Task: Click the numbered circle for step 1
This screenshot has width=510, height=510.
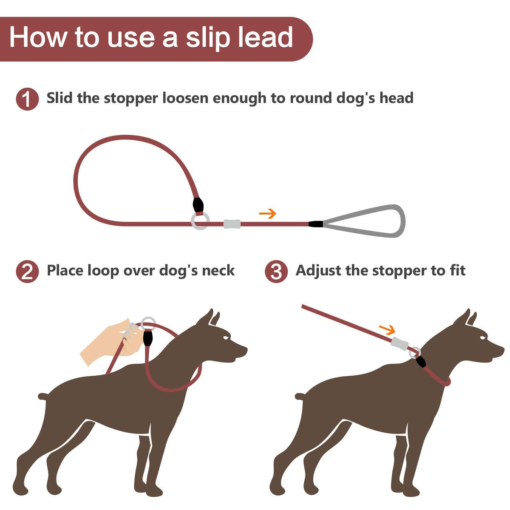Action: [27, 99]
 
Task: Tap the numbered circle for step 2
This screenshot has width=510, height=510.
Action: [27, 272]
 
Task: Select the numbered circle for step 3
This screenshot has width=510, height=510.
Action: [276, 272]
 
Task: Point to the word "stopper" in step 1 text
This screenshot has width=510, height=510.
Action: [131, 99]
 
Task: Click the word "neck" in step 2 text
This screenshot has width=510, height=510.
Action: [218, 270]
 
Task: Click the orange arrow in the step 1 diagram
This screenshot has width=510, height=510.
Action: [267, 213]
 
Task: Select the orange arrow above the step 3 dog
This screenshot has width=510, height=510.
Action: [387, 329]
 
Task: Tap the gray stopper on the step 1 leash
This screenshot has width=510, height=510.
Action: [232, 224]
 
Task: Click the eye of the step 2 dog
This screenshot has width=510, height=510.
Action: [226, 338]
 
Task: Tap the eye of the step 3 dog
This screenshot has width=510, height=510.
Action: [483, 338]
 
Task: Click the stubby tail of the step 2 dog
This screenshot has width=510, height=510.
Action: [44, 396]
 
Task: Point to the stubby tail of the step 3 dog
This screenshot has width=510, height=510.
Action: [300, 396]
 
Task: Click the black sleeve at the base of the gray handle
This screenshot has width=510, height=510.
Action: [316, 224]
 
